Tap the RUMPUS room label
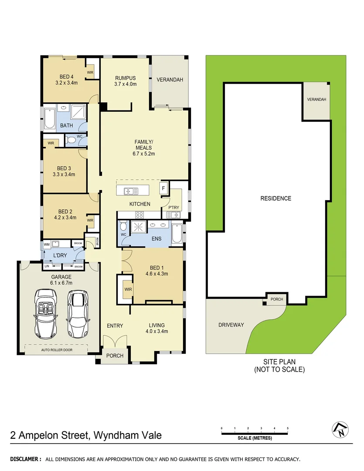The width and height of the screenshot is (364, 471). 126,78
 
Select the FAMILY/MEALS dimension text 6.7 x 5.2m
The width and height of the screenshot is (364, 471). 144,154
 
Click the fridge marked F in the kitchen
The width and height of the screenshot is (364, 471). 163,188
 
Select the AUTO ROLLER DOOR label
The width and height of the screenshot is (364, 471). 57,350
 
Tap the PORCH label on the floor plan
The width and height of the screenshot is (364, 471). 115,356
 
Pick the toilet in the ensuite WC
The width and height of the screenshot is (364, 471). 124,227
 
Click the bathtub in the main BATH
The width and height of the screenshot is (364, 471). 48,116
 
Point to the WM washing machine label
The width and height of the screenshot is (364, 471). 46,244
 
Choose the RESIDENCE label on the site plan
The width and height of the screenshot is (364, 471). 276,198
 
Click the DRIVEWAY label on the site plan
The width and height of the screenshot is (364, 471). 231,325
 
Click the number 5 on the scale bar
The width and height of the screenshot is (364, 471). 288,429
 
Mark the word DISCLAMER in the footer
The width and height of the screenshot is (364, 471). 25,459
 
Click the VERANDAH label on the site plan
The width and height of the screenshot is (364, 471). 316,100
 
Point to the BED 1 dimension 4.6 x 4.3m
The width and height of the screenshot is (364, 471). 156,274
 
